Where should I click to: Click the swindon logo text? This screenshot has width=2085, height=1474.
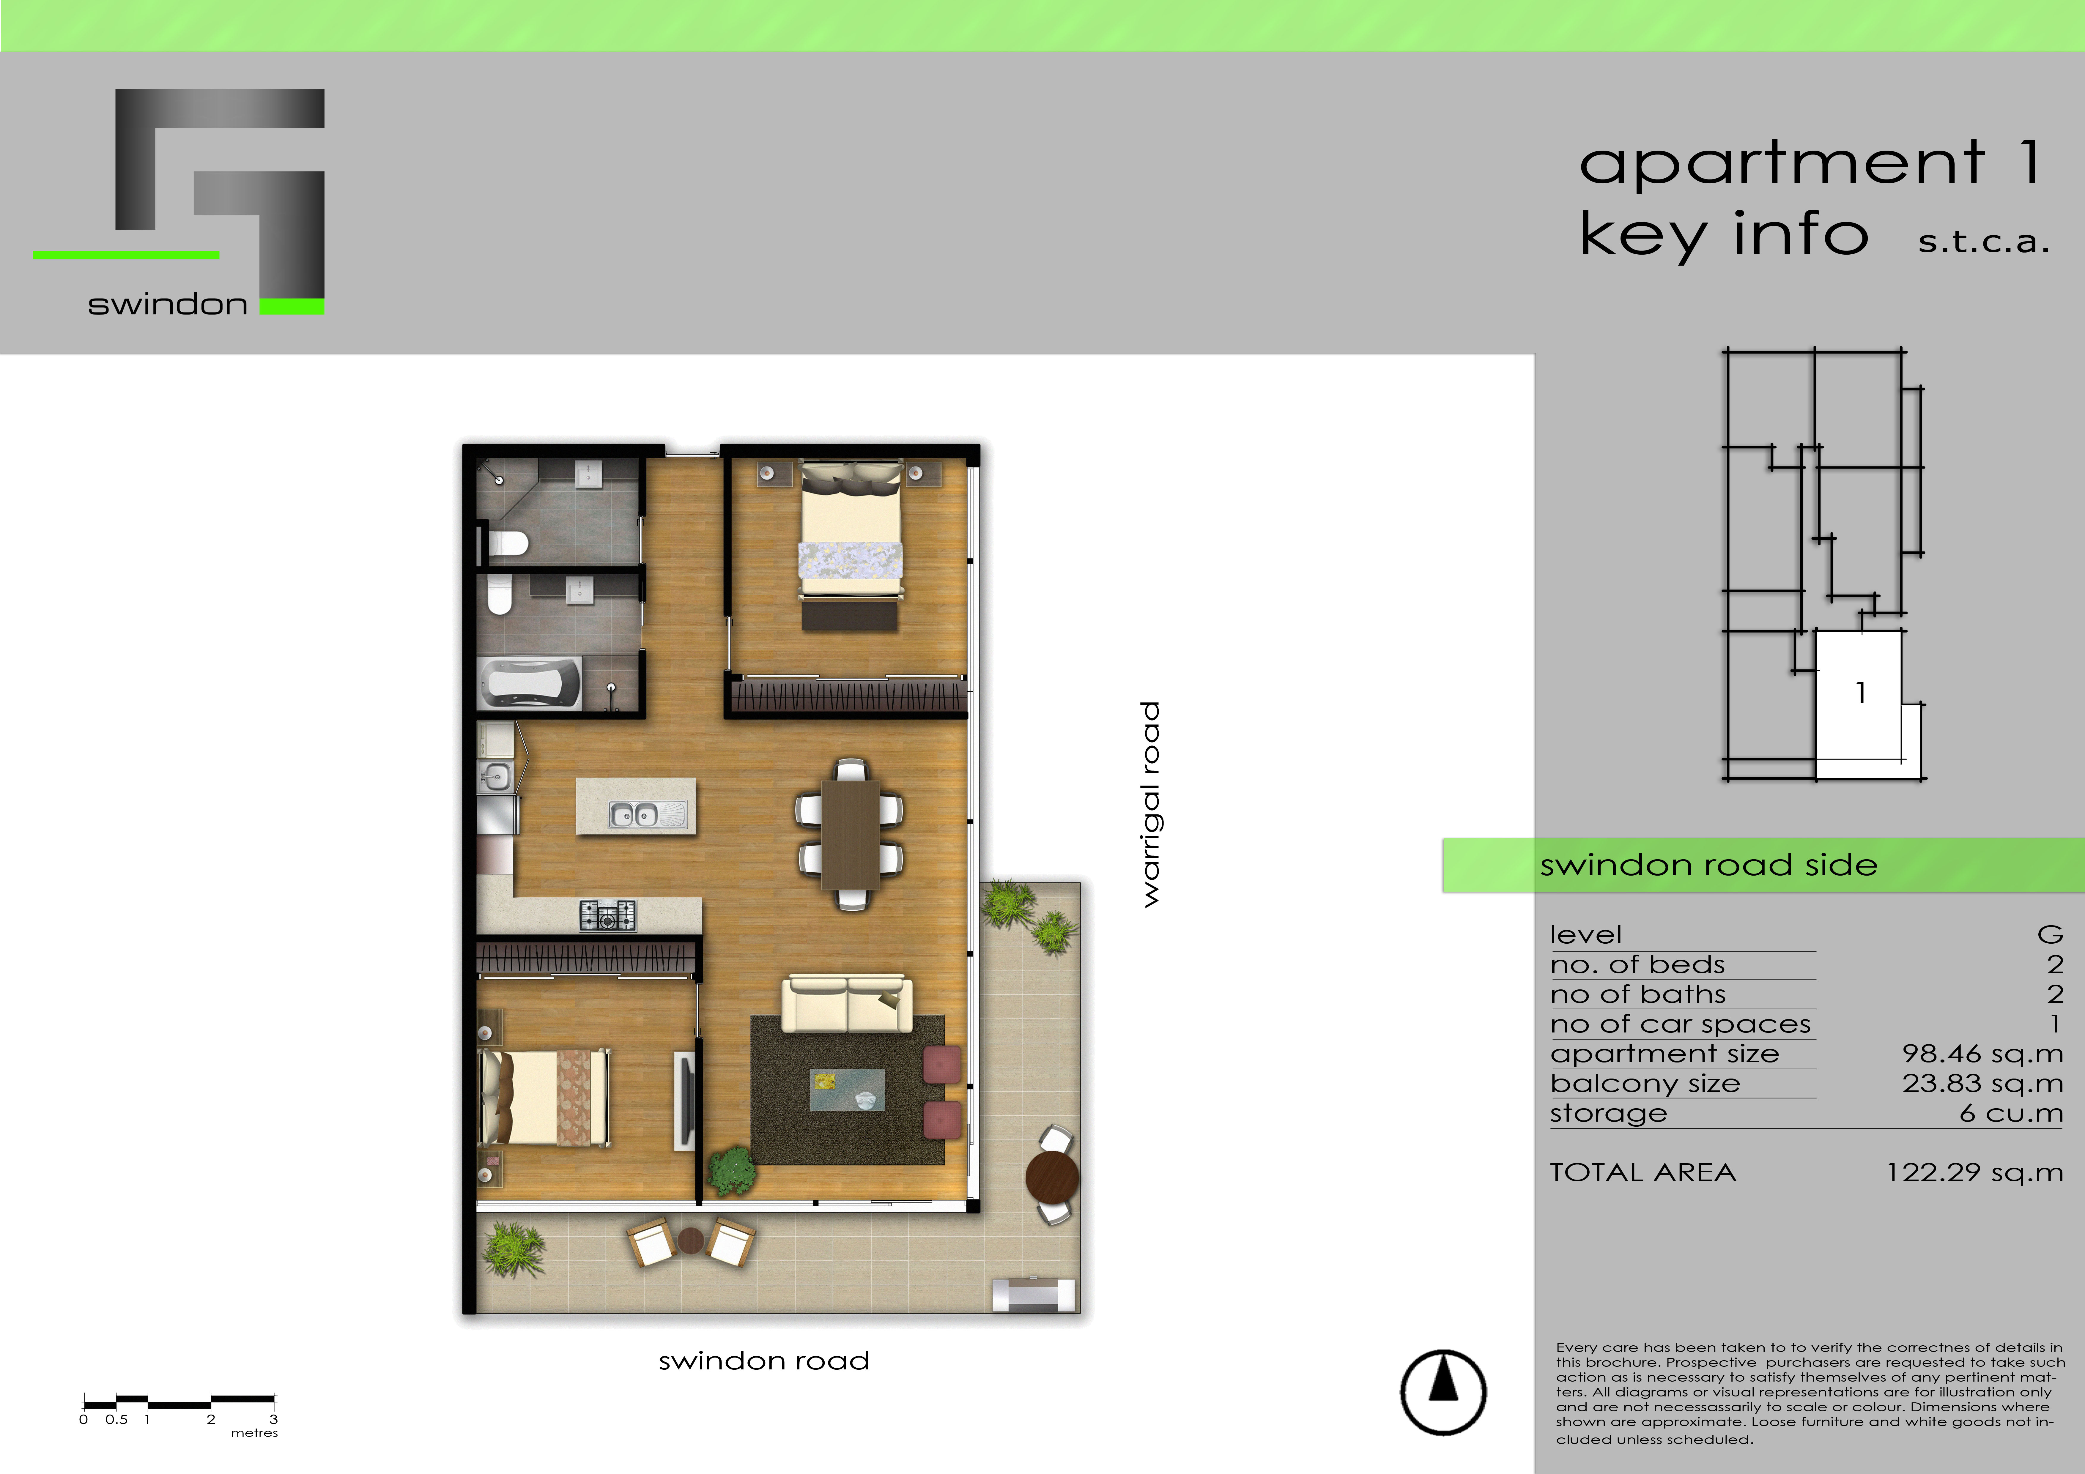coord(167,304)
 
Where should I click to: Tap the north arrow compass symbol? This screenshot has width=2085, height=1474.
coord(1443,1391)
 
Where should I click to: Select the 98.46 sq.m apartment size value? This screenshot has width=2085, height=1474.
coord(1982,1054)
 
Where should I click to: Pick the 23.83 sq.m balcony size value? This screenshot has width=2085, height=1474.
coord(1982,1084)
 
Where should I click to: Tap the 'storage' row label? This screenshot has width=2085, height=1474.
coord(1608,1113)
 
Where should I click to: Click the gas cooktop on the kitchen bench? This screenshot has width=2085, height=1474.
coord(607,915)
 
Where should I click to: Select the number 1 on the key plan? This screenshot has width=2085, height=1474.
coord(1861,694)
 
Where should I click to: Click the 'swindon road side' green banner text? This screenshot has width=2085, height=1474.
coord(1708,865)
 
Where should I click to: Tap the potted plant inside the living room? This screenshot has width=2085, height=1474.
coord(731,1172)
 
